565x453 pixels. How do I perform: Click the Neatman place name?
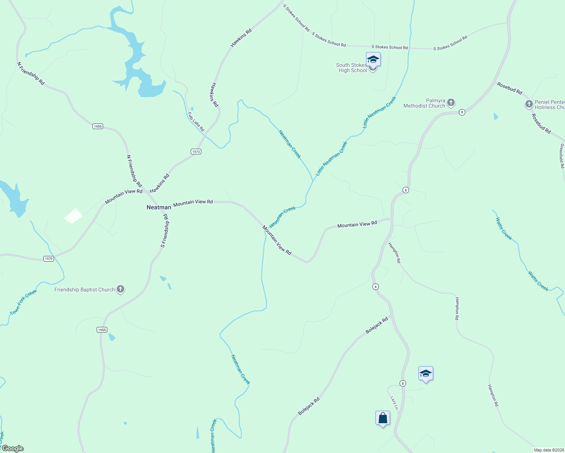pos(159,207)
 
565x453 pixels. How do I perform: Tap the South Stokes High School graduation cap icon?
pos(373,60)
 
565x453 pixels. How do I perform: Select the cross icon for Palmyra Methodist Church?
pos(451,102)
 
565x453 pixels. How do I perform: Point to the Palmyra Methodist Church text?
pos(425,103)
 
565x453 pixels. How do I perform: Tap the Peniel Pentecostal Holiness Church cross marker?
pos(529,104)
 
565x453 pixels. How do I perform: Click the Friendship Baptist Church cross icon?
pos(120,290)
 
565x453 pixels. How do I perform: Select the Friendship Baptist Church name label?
pos(85,290)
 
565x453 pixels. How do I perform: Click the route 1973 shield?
pos(196,151)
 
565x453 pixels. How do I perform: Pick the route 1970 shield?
pos(49,259)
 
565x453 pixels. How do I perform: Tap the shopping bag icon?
pos(383,418)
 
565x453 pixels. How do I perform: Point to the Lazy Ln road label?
pos(394,403)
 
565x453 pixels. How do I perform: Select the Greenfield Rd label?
pos(562,156)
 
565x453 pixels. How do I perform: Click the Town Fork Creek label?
pos(23,302)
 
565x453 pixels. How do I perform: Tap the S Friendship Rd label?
pos(165,231)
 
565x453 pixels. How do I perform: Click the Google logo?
pos(12,448)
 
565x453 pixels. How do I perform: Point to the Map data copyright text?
pos(549,450)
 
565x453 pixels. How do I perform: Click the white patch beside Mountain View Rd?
pos(73,216)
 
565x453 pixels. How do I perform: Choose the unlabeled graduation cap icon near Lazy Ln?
pos(426,374)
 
